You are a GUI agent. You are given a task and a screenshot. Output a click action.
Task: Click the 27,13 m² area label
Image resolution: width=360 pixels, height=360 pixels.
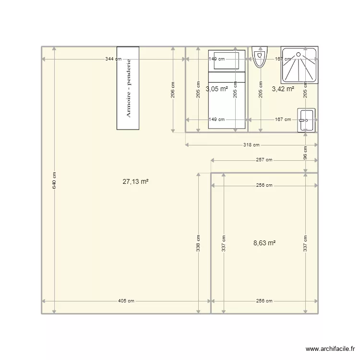tap(135, 181)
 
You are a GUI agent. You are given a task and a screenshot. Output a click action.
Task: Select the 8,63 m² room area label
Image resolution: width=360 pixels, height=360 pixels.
tap(264, 243)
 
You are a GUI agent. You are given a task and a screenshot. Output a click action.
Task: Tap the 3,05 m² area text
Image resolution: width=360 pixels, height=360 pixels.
tap(216, 89)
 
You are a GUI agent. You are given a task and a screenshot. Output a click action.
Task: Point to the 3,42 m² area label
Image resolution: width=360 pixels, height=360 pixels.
tap(283, 89)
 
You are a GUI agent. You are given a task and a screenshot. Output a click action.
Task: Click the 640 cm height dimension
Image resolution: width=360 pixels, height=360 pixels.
tap(54, 180)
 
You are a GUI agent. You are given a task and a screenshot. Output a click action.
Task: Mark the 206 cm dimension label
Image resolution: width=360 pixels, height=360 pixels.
tap(173, 90)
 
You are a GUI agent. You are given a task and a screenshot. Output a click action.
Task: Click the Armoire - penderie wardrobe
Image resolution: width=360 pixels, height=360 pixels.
tap(128, 88)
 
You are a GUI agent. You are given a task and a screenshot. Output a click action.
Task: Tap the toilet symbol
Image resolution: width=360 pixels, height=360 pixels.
tap(260, 57)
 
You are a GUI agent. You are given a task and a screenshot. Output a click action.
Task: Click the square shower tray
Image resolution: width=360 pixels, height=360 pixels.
tap(299, 66)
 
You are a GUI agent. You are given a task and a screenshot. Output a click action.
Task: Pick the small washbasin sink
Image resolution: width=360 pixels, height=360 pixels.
tap(306, 120)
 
